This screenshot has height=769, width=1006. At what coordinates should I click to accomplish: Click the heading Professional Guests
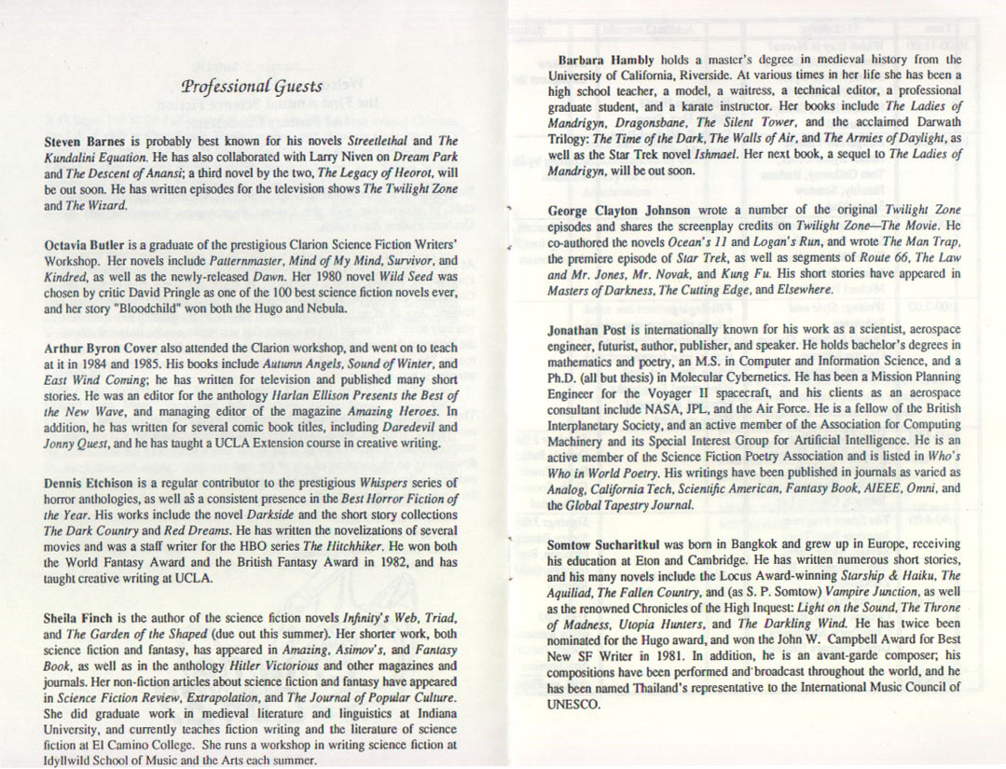click(x=252, y=88)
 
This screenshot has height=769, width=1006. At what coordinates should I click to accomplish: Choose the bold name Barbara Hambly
click(x=602, y=60)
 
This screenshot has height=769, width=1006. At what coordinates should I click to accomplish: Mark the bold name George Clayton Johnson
click(x=618, y=211)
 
